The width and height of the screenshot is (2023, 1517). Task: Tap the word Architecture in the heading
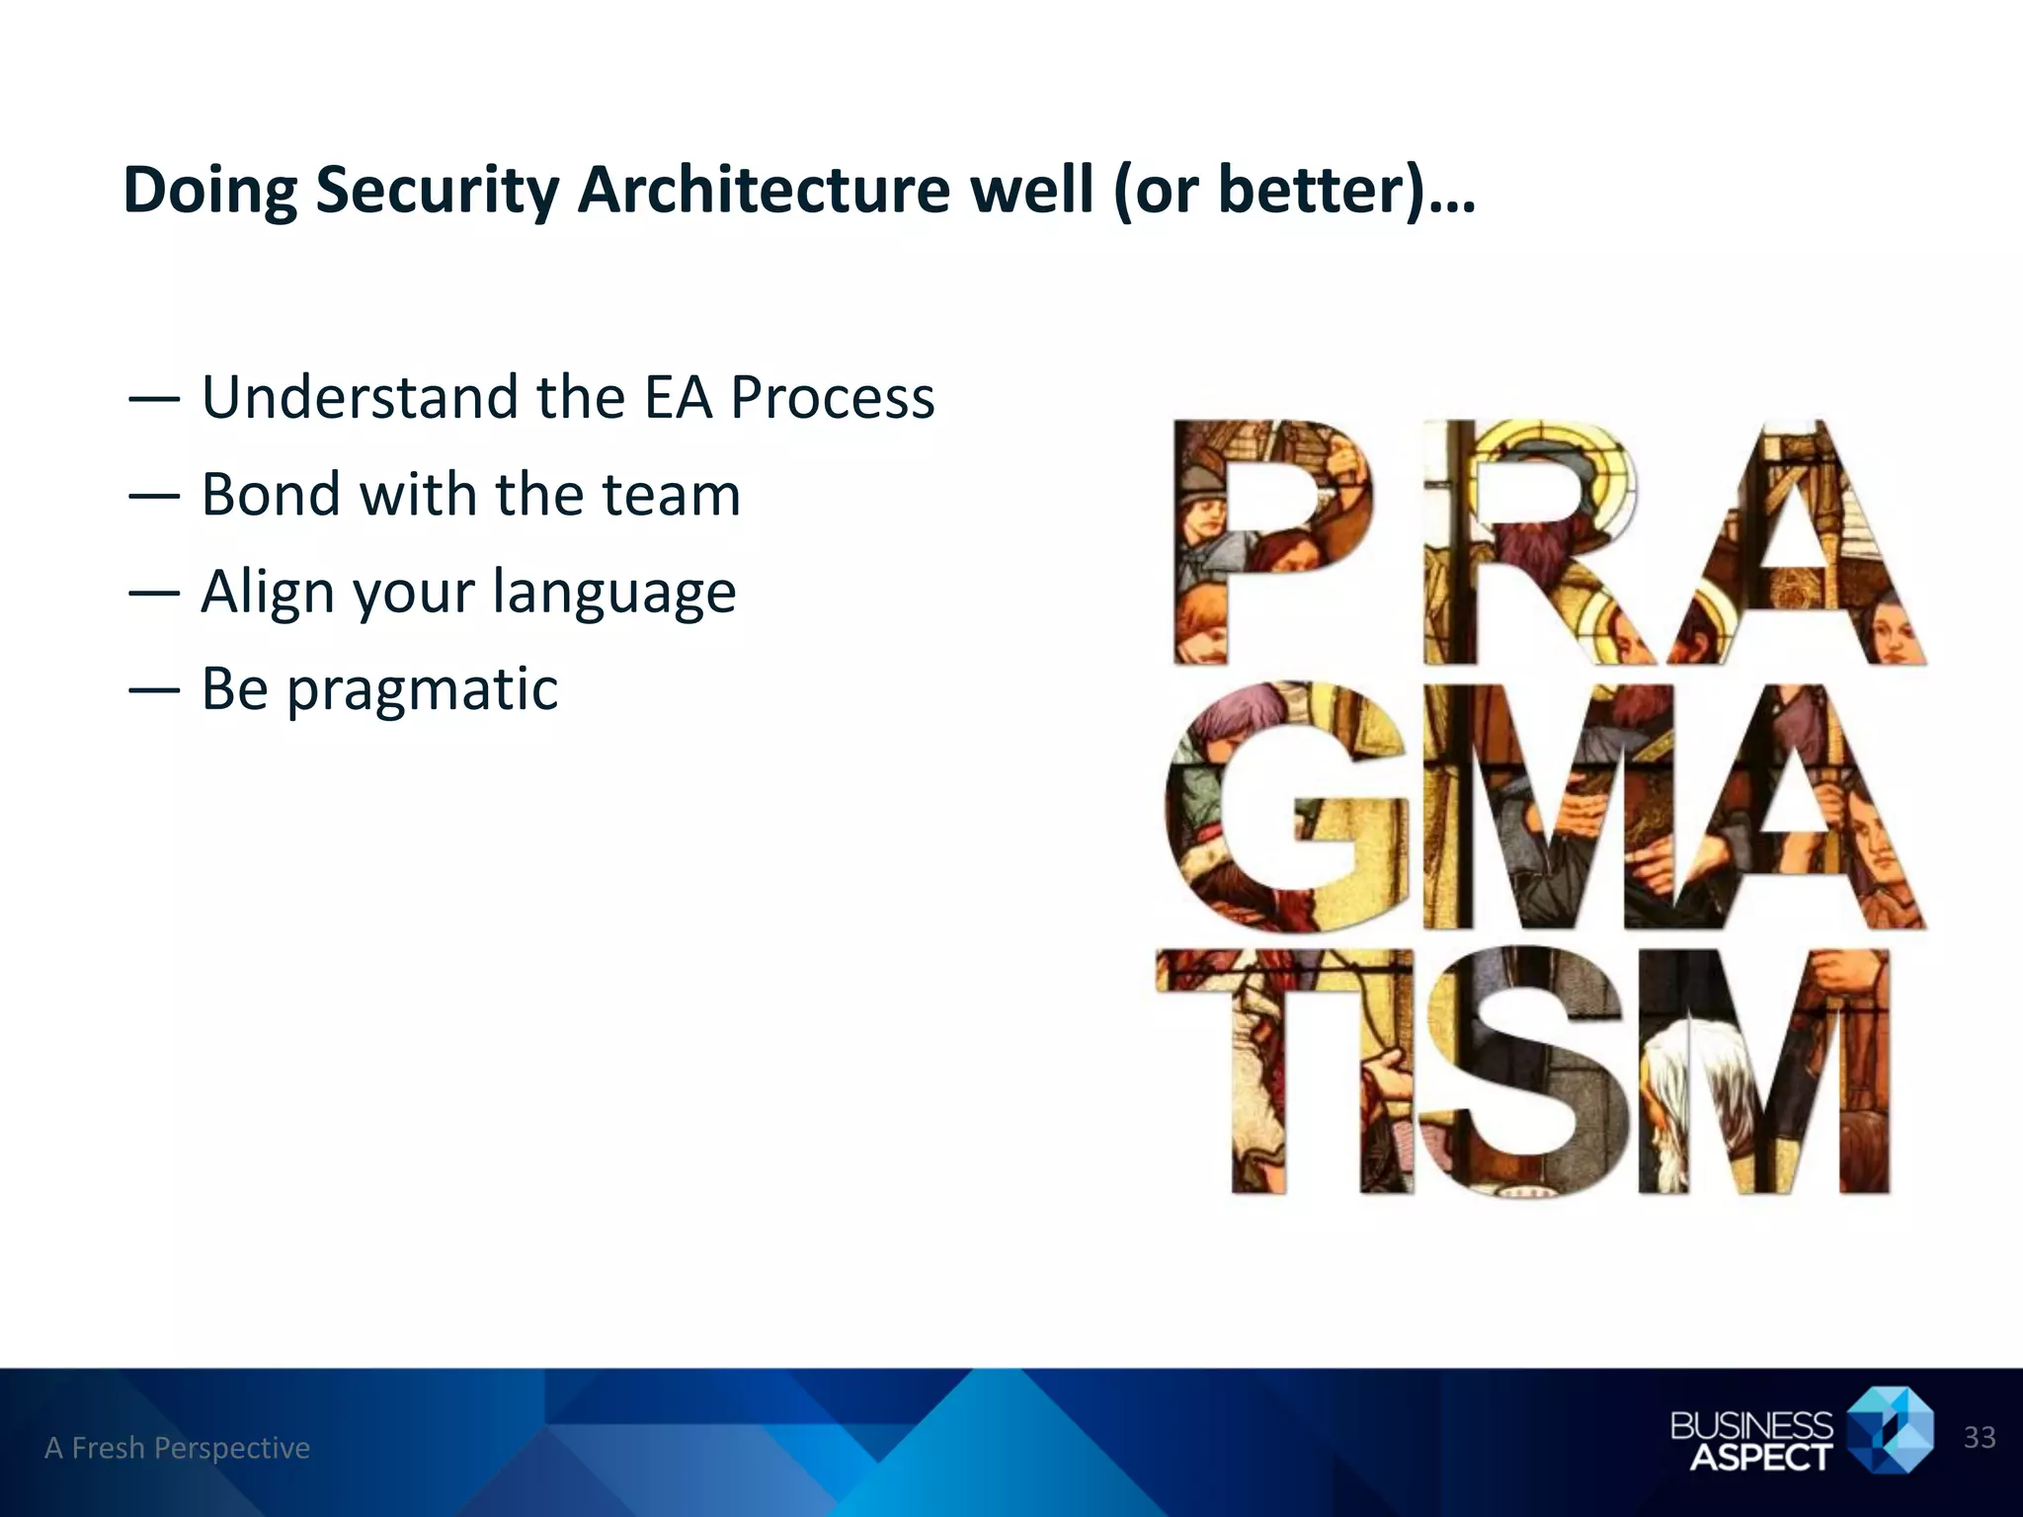[764, 190]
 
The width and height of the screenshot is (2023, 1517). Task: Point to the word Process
[832, 398]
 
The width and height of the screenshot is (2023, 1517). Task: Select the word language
[614, 593]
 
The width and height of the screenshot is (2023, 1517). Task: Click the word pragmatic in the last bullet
[423, 690]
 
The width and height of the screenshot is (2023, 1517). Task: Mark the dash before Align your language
[154, 594]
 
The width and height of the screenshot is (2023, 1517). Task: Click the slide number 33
[1979, 1437]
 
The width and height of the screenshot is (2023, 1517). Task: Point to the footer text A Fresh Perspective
[178, 1448]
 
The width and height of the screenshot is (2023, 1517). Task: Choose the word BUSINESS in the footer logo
[1750, 1424]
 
